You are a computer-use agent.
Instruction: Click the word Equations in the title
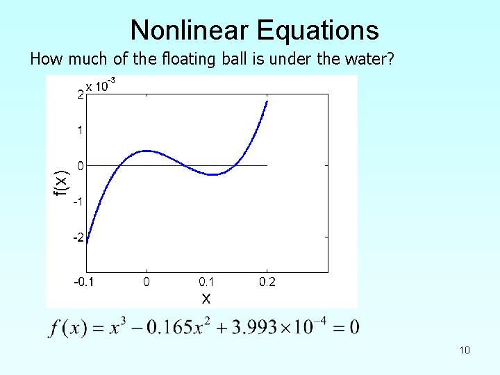[318, 31]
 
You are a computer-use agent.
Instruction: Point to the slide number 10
[465, 350]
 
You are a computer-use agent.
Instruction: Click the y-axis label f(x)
[62, 182]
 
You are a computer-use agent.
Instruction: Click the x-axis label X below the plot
[206, 299]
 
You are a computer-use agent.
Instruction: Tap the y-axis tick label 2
[81, 95]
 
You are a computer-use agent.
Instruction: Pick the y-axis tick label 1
[81, 130]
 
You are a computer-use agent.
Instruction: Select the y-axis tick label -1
[79, 201]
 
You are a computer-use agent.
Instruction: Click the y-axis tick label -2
[79, 237]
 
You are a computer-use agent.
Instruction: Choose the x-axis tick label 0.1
[207, 282]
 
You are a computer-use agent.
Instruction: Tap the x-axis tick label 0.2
[267, 282]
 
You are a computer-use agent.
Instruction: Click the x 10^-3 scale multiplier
[100, 86]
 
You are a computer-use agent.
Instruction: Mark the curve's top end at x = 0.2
[267, 101]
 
